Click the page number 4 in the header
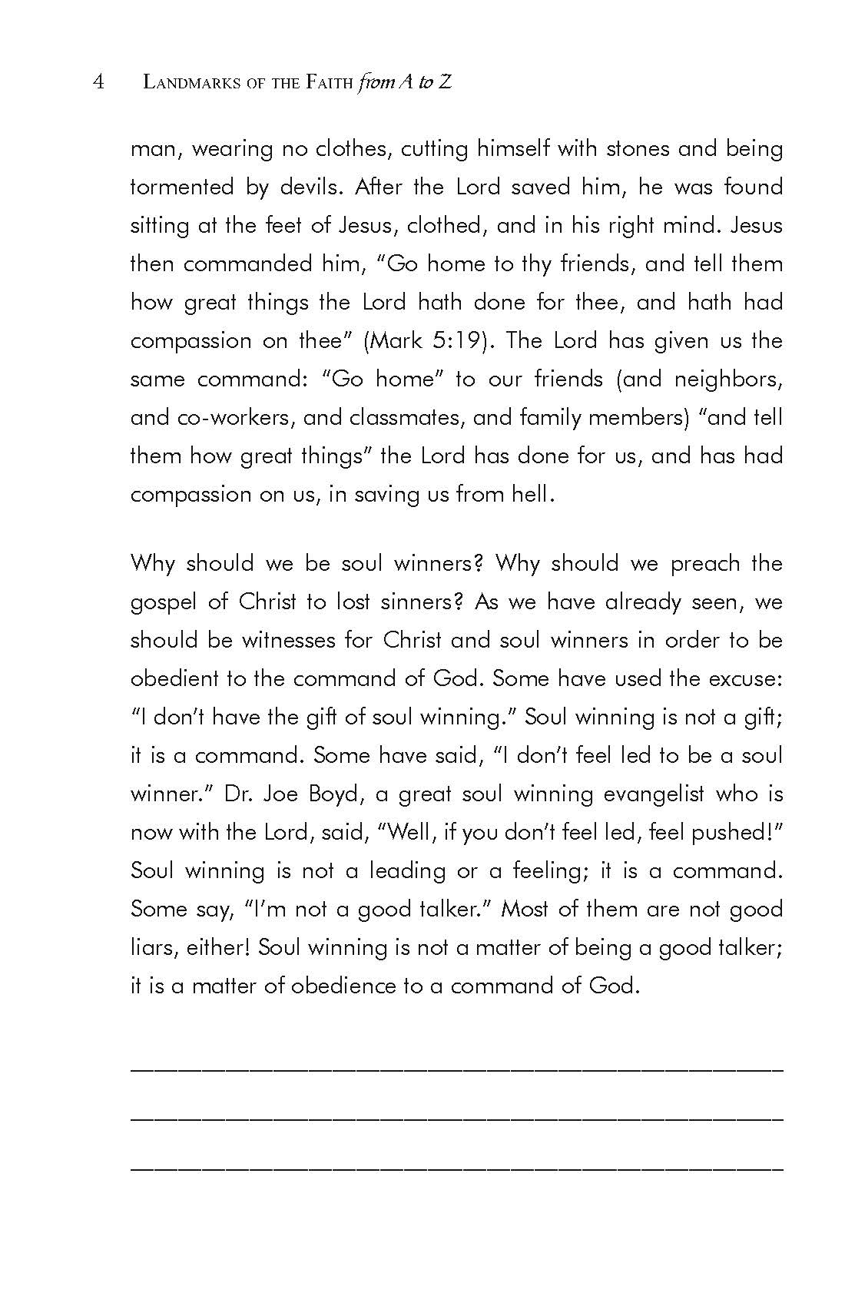[x=98, y=81]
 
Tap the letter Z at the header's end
[x=444, y=82]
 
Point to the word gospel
[x=161, y=602]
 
